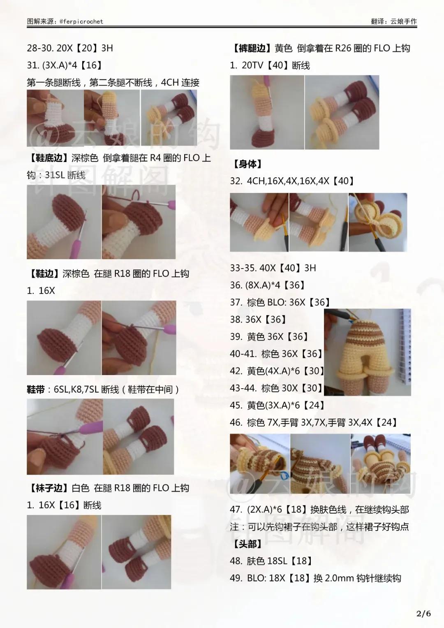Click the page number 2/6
423,614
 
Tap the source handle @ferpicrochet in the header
81,21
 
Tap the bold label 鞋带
36,389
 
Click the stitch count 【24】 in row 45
314,405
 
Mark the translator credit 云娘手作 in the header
403,21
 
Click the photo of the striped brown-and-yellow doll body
367,352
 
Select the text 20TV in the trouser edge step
252,65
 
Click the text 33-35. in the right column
244,268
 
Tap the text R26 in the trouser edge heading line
342,48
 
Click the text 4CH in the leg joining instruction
169,82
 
